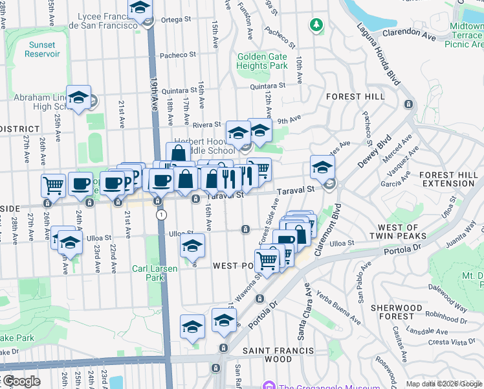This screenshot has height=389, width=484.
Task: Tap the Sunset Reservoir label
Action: (x=43, y=49)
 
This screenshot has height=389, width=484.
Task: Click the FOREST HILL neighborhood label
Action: (x=350, y=96)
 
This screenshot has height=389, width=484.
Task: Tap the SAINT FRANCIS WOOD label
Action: (x=278, y=355)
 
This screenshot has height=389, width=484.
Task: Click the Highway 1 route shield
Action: (x=161, y=214)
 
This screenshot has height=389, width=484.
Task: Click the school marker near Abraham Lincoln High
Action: (x=78, y=98)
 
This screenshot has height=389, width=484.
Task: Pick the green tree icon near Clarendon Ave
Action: (x=316, y=25)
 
